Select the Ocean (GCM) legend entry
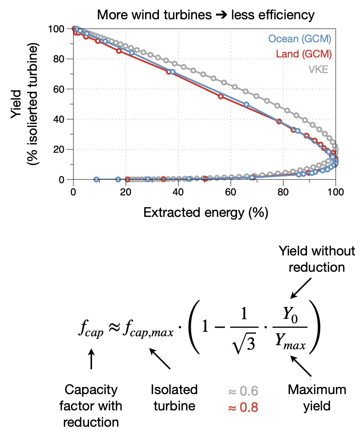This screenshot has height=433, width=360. (x=300, y=38)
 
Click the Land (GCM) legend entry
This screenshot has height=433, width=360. (x=304, y=54)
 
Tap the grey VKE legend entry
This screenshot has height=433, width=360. (x=318, y=69)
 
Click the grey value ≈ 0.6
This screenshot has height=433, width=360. (x=244, y=391)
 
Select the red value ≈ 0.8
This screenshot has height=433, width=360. (x=244, y=407)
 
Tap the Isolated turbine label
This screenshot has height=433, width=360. (x=174, y=398)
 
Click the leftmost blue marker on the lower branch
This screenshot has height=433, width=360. (x=96, y=179)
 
